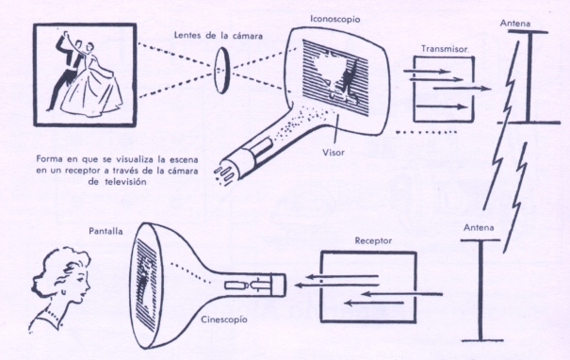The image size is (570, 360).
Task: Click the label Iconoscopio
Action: point(334,19)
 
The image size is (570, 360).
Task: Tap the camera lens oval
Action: point(221,72)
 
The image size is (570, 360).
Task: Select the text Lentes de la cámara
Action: point(219,35)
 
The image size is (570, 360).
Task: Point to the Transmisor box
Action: point(444,90)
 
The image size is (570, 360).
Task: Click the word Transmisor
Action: point(444,49)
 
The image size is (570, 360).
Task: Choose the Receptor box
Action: point(368,286)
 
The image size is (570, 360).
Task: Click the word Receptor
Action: point(373,240)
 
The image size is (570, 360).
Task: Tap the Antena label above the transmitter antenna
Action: point(514,23)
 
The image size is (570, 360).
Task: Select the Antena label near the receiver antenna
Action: point(479,228)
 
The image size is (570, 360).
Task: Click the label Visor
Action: point(333,153)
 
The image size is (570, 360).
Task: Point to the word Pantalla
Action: point(106,231)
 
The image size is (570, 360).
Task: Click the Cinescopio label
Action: point(224,319)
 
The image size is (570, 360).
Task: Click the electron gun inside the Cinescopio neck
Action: point(253,285)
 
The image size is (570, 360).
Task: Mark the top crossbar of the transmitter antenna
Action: point(528,32)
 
